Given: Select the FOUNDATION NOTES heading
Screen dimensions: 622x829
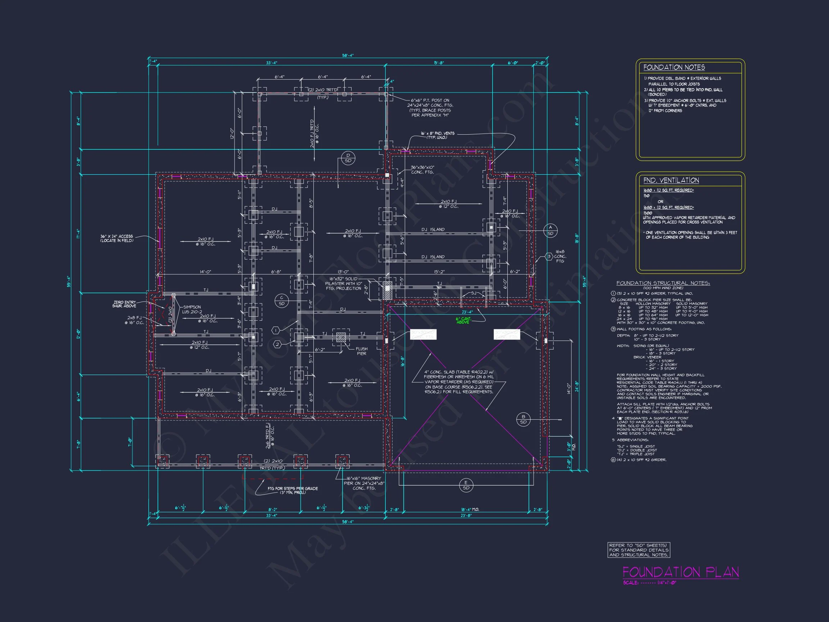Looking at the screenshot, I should (x=674, y=67).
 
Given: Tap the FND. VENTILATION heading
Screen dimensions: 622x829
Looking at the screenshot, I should (x=671, y=180).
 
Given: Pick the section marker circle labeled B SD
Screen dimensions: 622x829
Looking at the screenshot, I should (x=523, y=419).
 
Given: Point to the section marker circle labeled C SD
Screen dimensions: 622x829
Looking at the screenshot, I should (x=281, y=301).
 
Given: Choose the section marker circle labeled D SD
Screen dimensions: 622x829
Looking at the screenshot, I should (x=348, y=158).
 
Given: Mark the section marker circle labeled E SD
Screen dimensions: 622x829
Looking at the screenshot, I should (x=466, y=485).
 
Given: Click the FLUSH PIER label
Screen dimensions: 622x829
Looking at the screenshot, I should (x=361, y=351).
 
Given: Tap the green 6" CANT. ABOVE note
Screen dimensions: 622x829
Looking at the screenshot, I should (x=463, y=320).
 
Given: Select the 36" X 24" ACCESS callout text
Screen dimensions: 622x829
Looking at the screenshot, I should (x=117, y=238).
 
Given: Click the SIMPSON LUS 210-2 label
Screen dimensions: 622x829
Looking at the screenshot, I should (x=192, y=309).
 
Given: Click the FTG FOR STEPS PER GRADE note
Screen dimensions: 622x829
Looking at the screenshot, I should (x=292, y=490).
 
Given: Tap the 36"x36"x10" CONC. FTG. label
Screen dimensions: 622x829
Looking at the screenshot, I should (x=422, y=170).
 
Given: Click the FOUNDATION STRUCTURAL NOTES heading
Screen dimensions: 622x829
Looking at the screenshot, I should (x=663, y=283).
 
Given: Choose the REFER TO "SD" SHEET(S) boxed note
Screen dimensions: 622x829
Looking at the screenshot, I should (x=639, y=550).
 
